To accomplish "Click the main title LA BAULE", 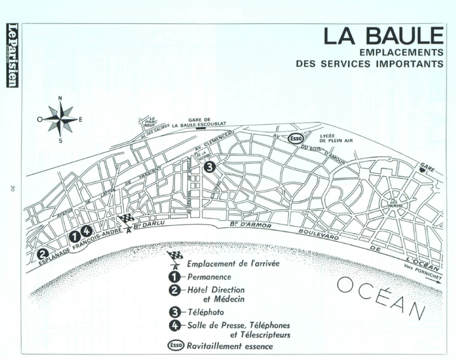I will [x=384, y=37].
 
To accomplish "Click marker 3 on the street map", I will [x=209, y=166].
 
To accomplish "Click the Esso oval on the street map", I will [x=295, y=138].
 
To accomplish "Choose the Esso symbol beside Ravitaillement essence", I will [x=175, y=346].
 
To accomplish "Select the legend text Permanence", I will [x=209, y=277].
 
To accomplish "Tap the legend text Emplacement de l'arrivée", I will [x=232, y=264].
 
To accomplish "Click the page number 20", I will [x=12, y=189].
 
